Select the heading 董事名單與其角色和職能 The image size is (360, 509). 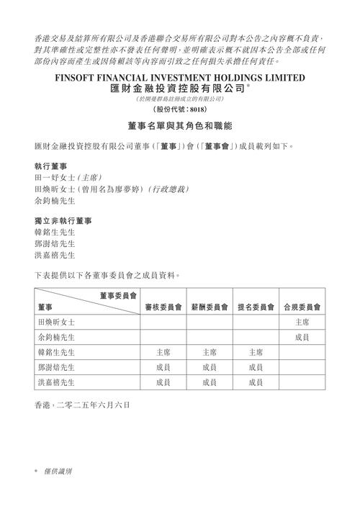[x=179, y=127]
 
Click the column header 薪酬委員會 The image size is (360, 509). [x=210, y=306]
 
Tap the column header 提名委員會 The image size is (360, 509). [x=256, y=306]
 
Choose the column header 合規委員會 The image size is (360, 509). [x=302, y=306]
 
